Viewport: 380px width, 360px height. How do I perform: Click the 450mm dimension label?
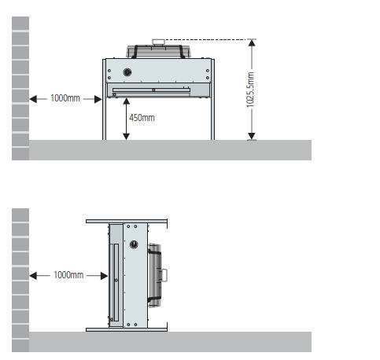click(x=142, y=118)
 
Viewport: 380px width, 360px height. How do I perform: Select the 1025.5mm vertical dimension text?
click(x=250, y=90)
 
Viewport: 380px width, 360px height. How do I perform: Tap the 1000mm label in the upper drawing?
click(x=65, y=98)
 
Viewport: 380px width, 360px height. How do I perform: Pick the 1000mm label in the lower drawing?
click(x=68, y=275)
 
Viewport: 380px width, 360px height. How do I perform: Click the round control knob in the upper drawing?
click(x=127, y=72)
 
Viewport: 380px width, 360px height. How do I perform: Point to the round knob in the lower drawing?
click(x=134, y=244)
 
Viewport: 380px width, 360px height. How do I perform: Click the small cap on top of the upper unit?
click(x=158, y=42)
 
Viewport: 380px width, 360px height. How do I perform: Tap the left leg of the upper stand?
click(x=104, y=99)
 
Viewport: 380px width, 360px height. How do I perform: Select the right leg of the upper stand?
click(x=212, y=99)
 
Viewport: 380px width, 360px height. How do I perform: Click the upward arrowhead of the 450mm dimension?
click(x=127, y=101)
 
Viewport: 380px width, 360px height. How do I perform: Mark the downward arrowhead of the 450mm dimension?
click(x=127, y=137)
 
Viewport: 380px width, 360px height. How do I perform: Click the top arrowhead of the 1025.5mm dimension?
click(x=252, y=42)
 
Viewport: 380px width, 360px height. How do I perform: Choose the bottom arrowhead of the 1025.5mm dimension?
click(x=252, y=137)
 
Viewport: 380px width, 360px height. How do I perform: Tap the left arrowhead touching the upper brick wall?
click(x=33, y=99)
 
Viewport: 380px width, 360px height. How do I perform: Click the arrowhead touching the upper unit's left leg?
click(x=98, y=99)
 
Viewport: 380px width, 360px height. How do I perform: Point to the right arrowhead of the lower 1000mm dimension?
click(x=104, y=276)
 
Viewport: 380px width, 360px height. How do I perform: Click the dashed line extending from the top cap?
click(x=206, y=39)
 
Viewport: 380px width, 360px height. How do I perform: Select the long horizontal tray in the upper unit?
click(x=151, y=90)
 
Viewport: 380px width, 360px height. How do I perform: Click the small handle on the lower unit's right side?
click(x=164, y=275)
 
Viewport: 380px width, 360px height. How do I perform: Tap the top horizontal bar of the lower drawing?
click(x=127, y=222)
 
